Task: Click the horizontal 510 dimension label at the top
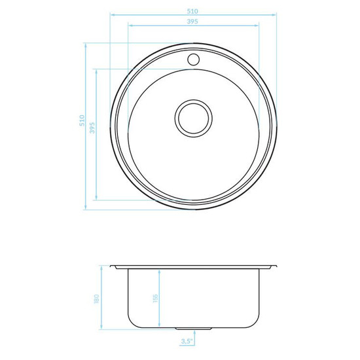192,11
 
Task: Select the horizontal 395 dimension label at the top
192,22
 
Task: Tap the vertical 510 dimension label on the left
82,120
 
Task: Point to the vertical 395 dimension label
92,128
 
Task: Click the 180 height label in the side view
96,298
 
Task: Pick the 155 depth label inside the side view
155,298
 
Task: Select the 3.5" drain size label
186,341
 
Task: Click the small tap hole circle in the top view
194,60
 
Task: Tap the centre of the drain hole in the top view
194,118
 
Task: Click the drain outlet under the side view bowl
193,329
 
